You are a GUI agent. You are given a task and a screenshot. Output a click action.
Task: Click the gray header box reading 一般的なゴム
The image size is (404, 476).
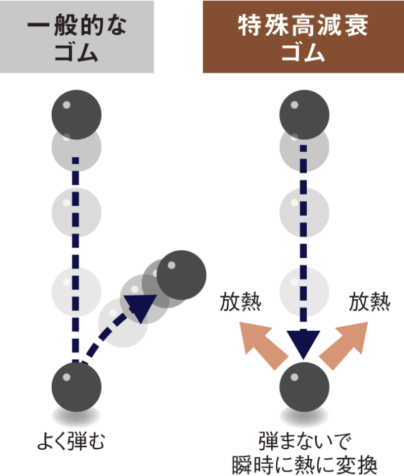tap(77, 37)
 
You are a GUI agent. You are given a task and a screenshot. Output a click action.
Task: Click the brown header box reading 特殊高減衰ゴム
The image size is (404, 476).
tap(303, 37)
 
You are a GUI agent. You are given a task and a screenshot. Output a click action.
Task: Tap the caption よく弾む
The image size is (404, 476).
tap(71, 441)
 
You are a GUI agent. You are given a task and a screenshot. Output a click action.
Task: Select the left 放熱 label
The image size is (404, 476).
tap(241, 302)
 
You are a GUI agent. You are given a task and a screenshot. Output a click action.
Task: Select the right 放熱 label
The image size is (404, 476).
tap(370, 302)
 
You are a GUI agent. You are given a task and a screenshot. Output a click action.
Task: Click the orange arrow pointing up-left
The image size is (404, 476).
tap(262, 344)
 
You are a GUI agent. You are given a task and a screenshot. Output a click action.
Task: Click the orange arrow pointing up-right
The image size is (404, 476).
tap(344, 344)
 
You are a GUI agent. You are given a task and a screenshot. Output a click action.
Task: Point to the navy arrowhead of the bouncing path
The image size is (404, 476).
tap(141, 307)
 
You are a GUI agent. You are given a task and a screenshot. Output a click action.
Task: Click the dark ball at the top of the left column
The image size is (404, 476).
tap(77, 115)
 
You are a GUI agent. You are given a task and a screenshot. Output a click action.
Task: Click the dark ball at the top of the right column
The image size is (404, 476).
tap(304, 115)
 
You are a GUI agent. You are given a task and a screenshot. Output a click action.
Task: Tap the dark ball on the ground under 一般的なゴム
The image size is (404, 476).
tap(77, 387)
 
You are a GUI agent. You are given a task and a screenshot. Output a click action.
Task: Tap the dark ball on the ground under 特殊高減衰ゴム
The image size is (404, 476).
tap(304, 387)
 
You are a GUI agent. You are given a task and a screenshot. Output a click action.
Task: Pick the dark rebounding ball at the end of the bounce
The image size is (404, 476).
tap(181, 275)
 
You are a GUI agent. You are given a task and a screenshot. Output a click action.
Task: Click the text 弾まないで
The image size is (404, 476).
tap(304, 441)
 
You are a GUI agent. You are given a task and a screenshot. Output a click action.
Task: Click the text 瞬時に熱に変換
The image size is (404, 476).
tap(304, 465)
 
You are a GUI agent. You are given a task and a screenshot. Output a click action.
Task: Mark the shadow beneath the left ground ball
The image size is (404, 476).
tap(77, 417)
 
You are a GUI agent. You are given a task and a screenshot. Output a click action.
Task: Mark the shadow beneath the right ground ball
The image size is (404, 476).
tap(304, 417)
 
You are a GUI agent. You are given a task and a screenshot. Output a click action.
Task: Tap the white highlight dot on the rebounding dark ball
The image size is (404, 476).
tap(171, 265)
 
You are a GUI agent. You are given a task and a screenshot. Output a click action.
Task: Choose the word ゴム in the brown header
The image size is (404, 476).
tap(303, 52)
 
